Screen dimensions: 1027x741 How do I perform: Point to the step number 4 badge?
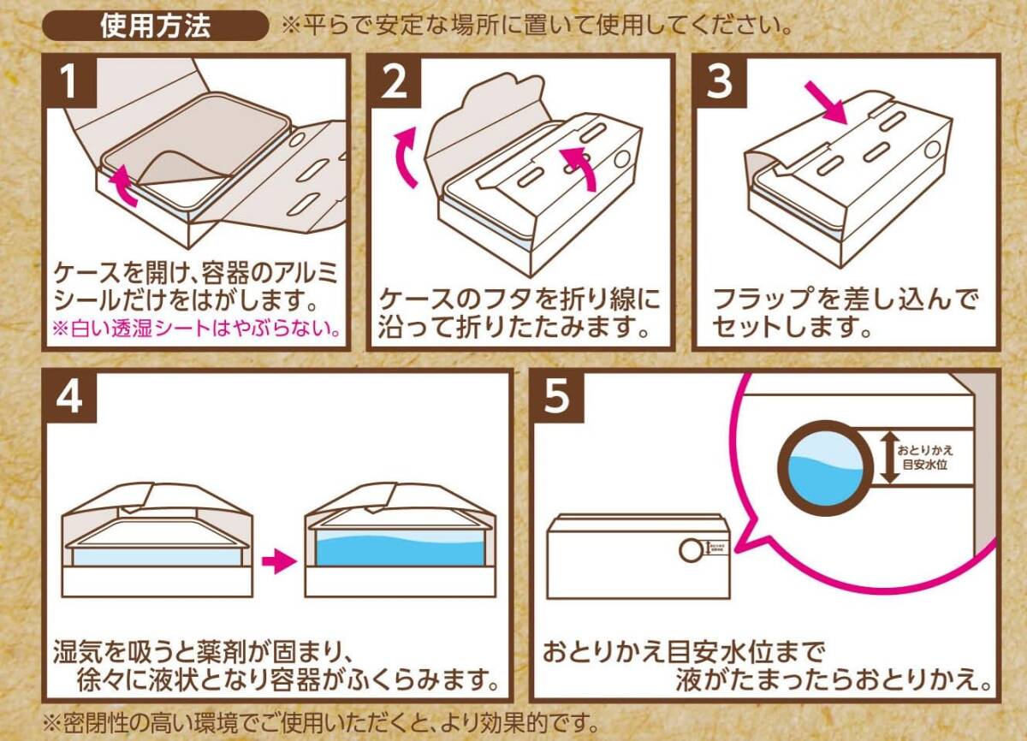pyautogui.click(x=68, y=395)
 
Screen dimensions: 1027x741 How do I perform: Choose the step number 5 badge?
pyautogui.click(x=556, y=395)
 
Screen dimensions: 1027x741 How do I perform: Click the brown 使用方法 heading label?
pyautogui.click(x=155, y=26)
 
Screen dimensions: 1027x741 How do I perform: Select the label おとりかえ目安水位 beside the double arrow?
pyautogui.click(x=925, y=457)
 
